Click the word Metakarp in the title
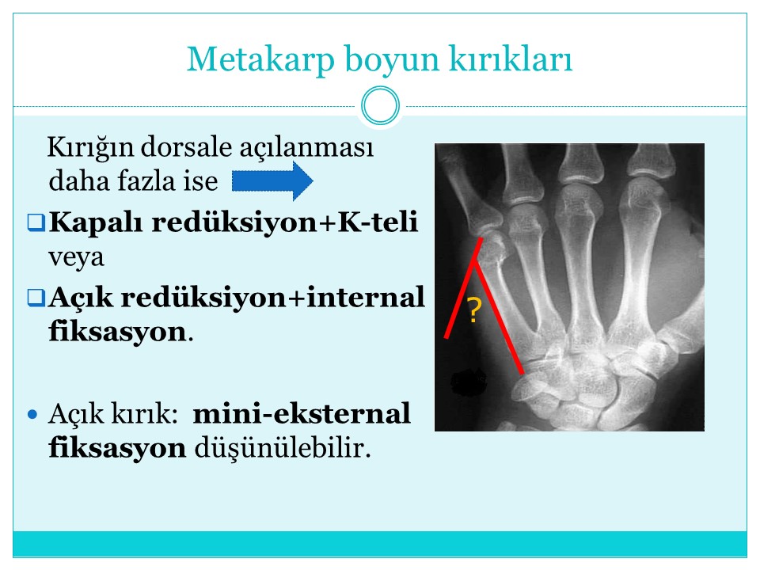[260, 59]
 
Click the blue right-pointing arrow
[272, 180]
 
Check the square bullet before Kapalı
[36, 222]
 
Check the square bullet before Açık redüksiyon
[36, 298]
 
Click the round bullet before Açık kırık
[32, 414]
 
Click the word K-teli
[378, 222]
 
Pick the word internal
[366, 297]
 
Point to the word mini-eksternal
[302, 413]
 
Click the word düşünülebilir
[283, 448]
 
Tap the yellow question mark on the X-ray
[474, 310]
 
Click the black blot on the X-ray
[469, 382]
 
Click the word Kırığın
[90, 148]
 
